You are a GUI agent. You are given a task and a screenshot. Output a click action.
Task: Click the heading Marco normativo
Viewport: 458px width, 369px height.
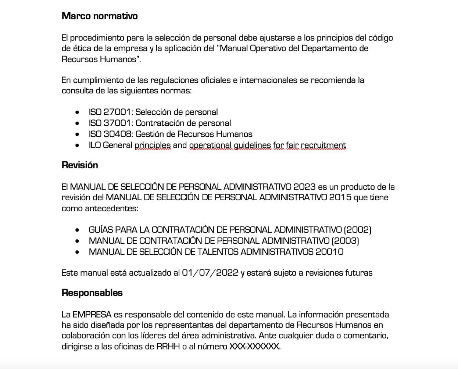coord(100,16)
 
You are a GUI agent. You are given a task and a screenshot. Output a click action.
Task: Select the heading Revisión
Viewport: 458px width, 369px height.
coord(80,165)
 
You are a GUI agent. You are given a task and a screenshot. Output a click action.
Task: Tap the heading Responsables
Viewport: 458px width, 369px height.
coord(92,293)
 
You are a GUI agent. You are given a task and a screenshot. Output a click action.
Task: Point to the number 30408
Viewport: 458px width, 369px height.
coord(117,134)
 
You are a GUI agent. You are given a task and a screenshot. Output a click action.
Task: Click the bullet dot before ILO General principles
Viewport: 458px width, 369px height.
coord(77,146)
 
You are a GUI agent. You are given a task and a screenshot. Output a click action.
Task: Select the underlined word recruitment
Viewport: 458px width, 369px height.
coord(323,145)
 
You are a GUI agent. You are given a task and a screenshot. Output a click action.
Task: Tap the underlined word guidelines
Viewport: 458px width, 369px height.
coord(253,145)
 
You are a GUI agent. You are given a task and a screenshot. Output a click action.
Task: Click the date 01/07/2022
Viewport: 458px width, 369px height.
coord(210,273)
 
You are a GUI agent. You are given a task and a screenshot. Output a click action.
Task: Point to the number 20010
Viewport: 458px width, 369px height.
coord(329,252)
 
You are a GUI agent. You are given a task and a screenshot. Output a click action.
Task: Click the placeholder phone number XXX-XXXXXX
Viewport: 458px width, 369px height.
coord(254,346)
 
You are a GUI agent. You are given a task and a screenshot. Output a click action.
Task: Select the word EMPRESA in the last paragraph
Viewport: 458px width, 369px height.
coord(92,315)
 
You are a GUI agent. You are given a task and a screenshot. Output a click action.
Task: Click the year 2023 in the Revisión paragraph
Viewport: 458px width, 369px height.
coord(305,187)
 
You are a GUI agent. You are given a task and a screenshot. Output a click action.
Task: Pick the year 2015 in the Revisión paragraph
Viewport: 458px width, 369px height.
coord(340,197)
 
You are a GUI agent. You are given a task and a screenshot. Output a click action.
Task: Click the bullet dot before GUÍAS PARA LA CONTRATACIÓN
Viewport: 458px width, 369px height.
coord(77,230)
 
